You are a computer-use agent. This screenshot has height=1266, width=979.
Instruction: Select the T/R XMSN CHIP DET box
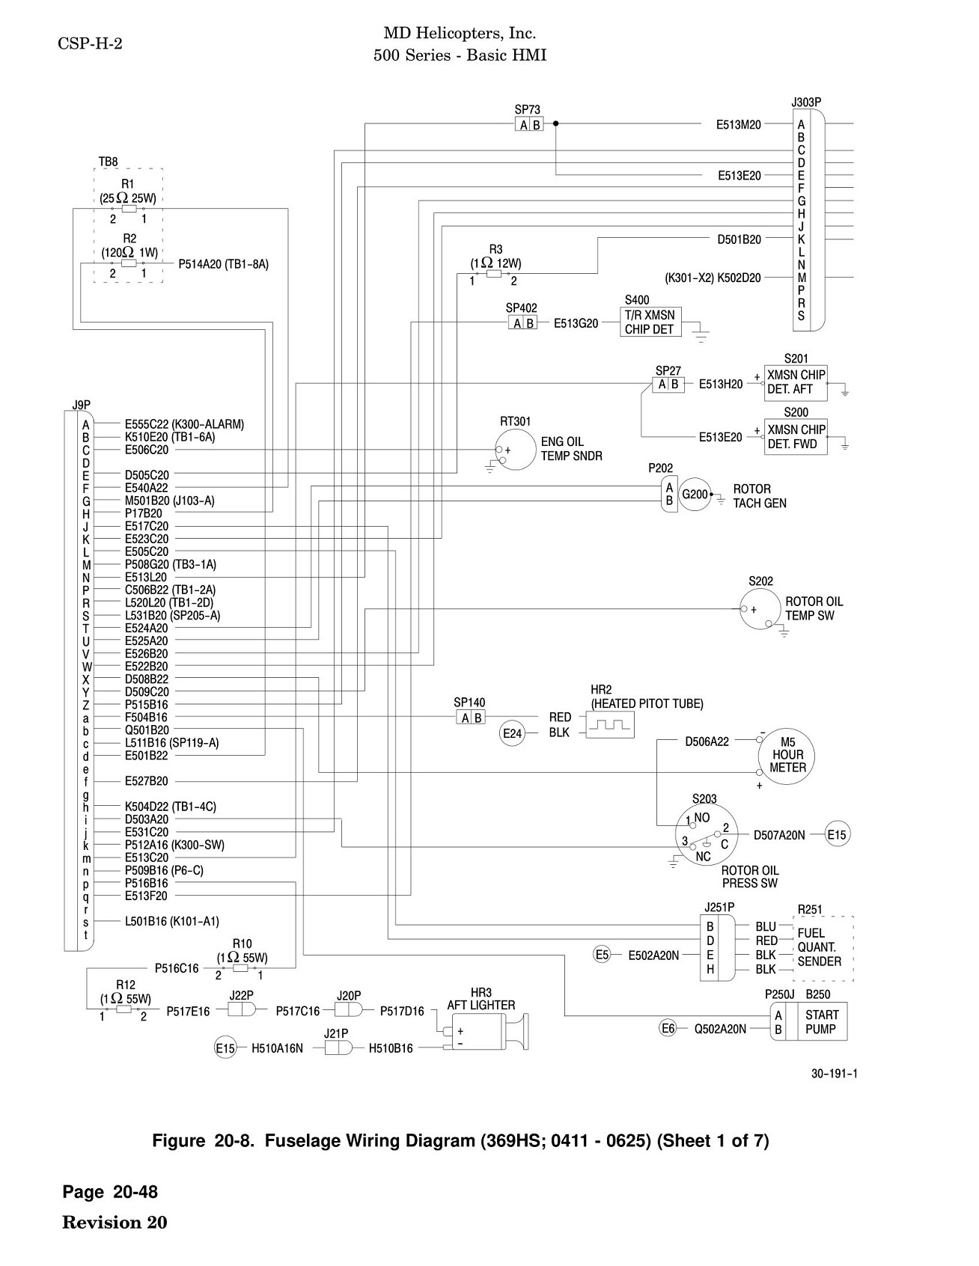[x=650, y=322]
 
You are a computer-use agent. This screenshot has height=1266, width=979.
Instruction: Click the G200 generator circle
[x=695, y=495]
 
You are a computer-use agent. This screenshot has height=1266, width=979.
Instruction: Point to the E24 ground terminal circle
[x=512, y=734]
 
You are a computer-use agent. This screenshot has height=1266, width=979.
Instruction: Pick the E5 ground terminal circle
[x=603, y=954]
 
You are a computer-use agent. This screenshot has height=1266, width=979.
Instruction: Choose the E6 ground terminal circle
[x=668, y=1029]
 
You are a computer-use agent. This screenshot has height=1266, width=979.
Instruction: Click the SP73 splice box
[x=529, y=124]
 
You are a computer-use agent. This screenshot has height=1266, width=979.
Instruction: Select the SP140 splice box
[x=471, y=718]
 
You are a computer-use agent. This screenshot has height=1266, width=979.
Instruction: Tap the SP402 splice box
[x=522, y=322]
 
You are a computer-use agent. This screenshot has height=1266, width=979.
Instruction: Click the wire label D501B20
[x=739, y=239]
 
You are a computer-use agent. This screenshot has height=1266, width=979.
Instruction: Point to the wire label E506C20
[x=147, y=450]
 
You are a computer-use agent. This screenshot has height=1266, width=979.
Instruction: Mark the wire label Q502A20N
[x=720, y=1029]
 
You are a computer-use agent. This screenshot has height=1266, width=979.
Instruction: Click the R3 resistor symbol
[x=494, y=275]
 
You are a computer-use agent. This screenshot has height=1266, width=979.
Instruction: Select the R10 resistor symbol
[x=240, y=967]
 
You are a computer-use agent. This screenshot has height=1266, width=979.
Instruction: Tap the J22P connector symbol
[x=242, y=1010]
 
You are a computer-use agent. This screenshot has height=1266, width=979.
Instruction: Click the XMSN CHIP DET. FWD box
[x=796, y=437]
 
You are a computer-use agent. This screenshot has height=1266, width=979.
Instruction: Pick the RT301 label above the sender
[x=515, y=422]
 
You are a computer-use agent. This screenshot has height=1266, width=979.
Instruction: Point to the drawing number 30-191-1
[x=835, y=1074]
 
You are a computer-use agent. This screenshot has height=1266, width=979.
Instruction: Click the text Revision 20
[x=115, y=1223]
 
